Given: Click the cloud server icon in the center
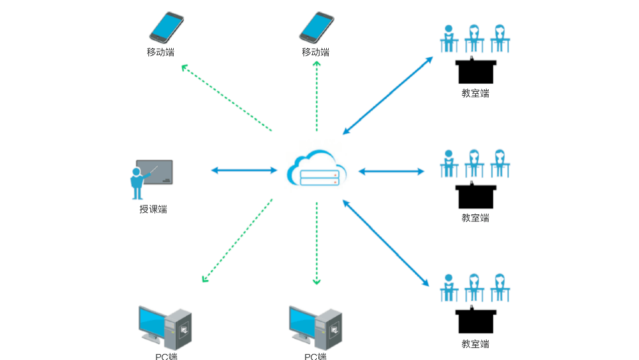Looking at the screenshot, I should [317, 169].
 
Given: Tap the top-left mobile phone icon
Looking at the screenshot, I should [166, 27].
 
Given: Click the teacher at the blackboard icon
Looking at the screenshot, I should [151, 178].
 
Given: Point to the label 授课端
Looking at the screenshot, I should [153, 210].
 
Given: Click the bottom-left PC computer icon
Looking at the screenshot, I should [164, 325].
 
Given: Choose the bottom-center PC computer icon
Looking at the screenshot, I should [316, 325].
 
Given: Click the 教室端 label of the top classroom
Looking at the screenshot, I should [475, 93].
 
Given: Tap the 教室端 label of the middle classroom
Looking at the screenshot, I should [475, 218].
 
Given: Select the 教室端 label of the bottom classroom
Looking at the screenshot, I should [475, 344].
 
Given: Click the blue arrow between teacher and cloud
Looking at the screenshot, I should [244, 170].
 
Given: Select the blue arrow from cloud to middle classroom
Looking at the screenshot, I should [391, 171].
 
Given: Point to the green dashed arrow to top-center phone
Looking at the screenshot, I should [317, 96].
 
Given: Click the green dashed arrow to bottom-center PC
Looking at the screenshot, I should [317, 243].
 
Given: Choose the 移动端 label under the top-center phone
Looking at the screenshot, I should [316, 52].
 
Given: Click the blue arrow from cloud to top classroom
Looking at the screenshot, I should [388, 95].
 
